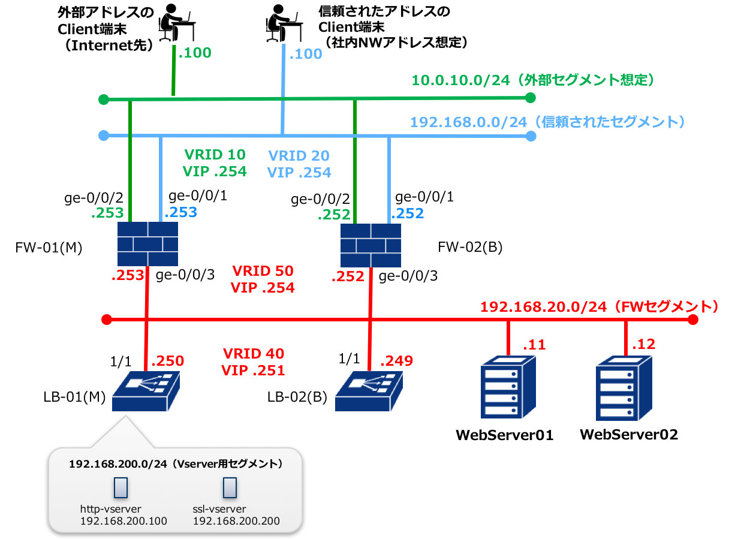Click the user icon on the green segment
(176, 23)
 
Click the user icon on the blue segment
(284, 23)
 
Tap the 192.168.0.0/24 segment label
(547, 122)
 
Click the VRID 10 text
(214, 155)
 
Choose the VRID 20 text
(299, 156)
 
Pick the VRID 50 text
(263, 271)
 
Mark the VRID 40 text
(253, 354)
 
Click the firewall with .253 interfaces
(147, 244)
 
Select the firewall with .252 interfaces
(371, 245)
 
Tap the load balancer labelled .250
(146, 391)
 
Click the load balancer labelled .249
(369, 391)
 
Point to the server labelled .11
(507, 387)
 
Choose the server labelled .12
(624, 389)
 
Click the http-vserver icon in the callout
(121, 488)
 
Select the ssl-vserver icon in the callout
(228, 488)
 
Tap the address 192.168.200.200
(236, 521)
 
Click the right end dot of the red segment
(693, 320)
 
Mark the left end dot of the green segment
(104, 99)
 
